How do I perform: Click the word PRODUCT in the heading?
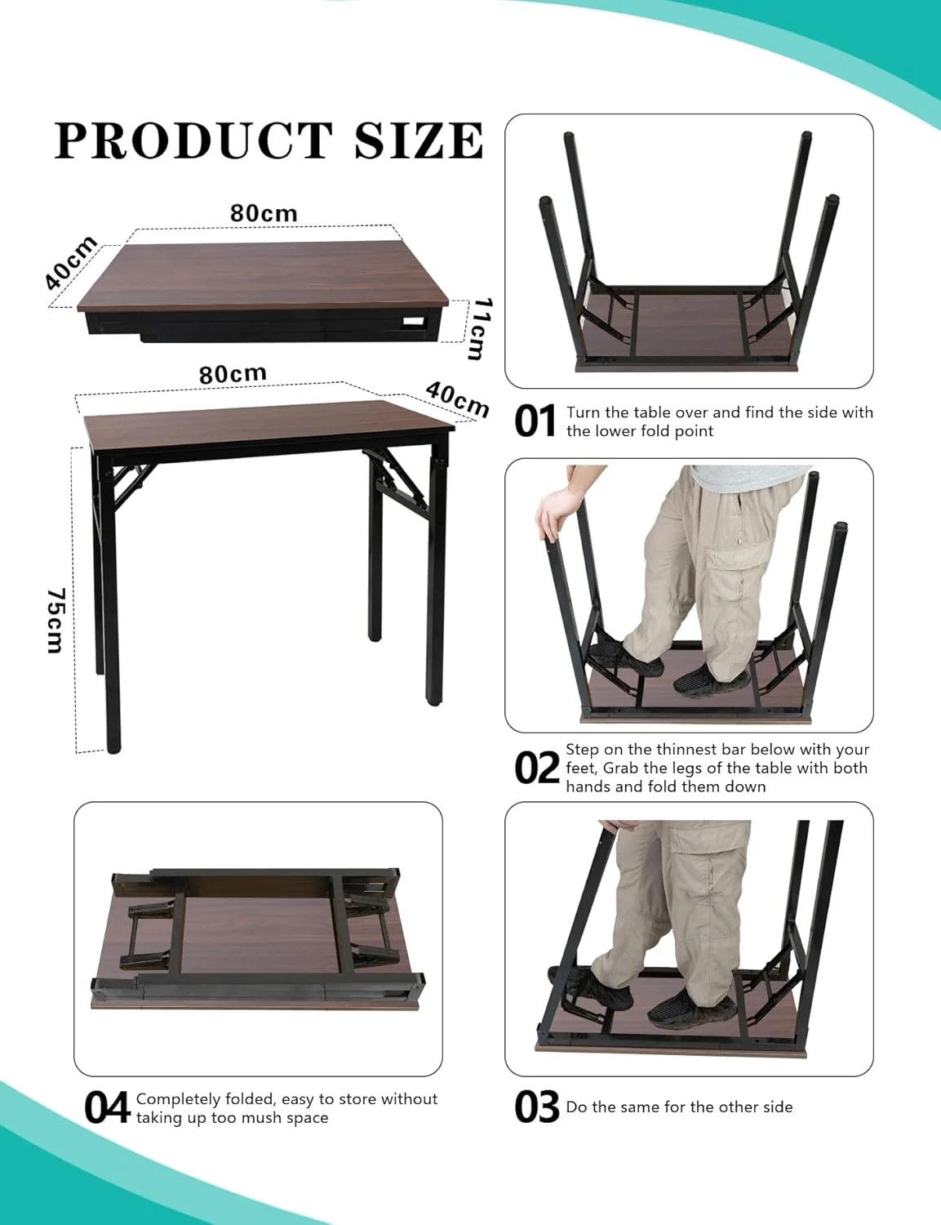click(193, 140)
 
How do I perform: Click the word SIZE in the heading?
click(419, 140)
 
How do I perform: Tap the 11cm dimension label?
click(481, 329)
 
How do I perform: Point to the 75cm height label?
click(55, 621)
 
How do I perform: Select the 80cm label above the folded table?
click(264, 214)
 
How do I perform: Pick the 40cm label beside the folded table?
click(71, 263)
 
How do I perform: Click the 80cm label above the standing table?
click(233, 374)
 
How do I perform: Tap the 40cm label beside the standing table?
click(457, 399)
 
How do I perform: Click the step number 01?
click(535, 421)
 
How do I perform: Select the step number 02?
click(537, 769)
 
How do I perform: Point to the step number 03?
click(537, 1107)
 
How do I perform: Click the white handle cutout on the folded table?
click(415, 322)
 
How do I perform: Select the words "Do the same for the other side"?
click(679, 1107)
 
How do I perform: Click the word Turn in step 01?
click(584, 412)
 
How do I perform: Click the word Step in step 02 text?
click(582, 751)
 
